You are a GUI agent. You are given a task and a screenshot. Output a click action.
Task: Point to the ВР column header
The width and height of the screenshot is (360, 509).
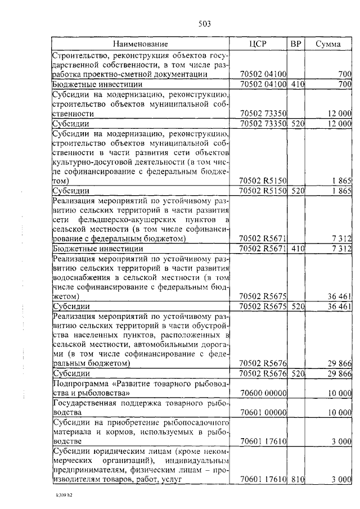pyautogui.click(x=296, y=44)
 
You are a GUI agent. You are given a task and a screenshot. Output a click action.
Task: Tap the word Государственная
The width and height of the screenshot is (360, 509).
pyautogui.click(x=84, y=403)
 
